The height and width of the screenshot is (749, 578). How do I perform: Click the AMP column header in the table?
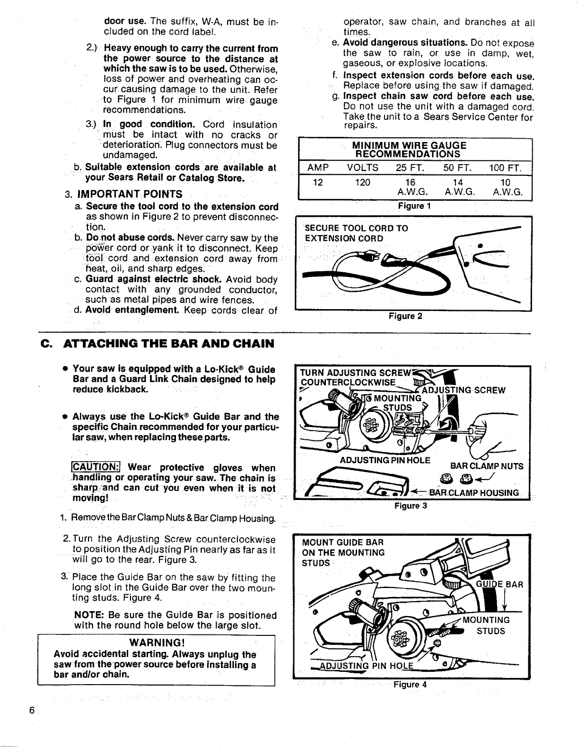318,168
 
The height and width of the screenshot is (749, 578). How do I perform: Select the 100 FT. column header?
506,168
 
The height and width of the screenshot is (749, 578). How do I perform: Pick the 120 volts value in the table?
362,183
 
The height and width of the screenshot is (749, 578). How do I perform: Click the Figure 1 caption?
414,206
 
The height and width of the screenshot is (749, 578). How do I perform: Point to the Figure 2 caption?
405,316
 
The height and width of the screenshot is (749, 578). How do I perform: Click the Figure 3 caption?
411,506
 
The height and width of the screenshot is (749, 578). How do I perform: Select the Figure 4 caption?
410,684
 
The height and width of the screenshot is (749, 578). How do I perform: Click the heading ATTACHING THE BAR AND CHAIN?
168,343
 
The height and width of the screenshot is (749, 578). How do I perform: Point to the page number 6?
31,711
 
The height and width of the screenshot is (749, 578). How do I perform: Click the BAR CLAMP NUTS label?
487,466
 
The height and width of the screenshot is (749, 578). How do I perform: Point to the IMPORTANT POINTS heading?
130,194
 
